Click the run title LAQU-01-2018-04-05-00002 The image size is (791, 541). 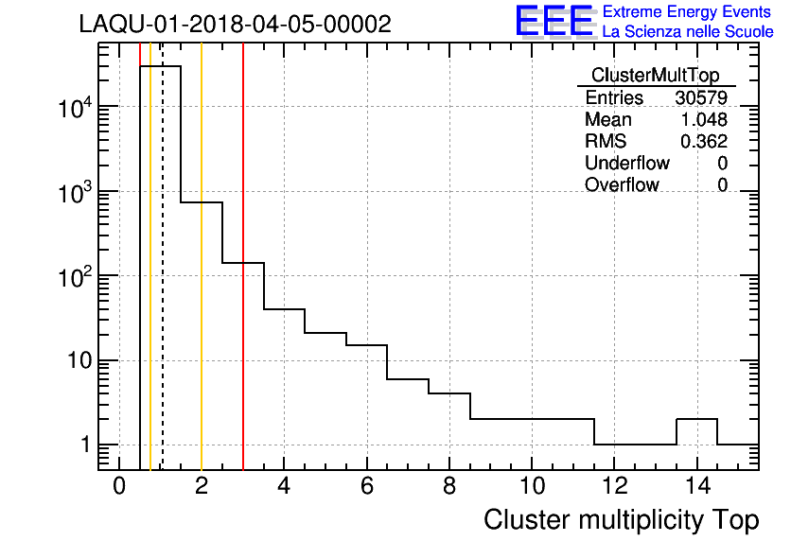(x=235, y=25)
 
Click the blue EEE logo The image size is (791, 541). (x=554, y=22)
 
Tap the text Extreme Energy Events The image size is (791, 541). (x=687, y=12)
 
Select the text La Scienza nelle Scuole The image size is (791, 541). (x=687, y=32)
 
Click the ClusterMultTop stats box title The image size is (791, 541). (x=655, y=76)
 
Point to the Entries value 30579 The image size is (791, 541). (x=701, y=98)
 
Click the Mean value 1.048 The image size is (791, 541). (x=704, y=120)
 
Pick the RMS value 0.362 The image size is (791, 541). (x=704, y=142)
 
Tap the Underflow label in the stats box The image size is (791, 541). (x=626, y=164)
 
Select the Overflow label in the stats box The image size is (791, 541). (x=622, y=185)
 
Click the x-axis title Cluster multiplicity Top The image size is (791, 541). (x=621, y=519)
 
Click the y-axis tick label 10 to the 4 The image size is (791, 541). (x=74, y=107)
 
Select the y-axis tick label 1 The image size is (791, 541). (x=85, y=445)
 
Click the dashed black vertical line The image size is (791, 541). (x=162, y=284)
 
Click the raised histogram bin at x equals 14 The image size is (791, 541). (x=696, y=419)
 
